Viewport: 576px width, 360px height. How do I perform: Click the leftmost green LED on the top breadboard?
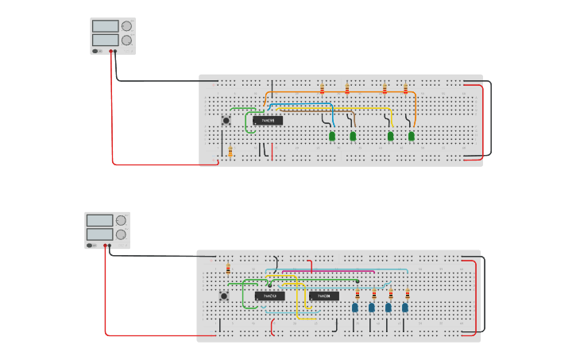tap(332, 137)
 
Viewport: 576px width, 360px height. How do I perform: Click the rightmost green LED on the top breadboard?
tap(412, 137)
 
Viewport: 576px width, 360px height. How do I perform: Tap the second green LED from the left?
tap(353, 137)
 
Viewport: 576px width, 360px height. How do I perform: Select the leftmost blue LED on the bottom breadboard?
tap(355, 308)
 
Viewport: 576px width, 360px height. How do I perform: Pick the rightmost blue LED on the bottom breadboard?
tap(405, 308)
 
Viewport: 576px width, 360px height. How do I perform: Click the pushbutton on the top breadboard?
tap(226, 121)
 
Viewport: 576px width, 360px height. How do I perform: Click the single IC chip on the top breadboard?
tap(268, 121)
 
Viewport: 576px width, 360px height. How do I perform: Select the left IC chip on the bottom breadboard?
tap(269, 296)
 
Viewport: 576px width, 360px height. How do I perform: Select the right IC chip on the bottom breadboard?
tap(324, 296)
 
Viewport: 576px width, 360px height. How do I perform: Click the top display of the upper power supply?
tap(105, 26)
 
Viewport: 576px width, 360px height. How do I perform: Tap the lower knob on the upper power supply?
tap(126, 40)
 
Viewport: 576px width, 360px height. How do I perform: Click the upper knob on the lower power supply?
tap(121, 220)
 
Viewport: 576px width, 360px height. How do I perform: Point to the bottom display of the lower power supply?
tap(99, 234)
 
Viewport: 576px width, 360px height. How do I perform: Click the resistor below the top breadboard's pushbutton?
tap(230, 152)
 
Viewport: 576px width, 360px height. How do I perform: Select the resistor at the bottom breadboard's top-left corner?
tap(228, 268)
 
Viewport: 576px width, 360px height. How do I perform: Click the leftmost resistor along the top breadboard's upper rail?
tap(322, 88)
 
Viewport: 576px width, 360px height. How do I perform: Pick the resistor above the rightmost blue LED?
tap(405, 294)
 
